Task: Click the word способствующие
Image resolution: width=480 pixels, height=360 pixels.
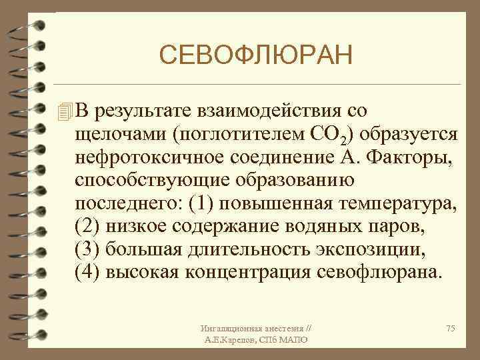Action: coord(145,181)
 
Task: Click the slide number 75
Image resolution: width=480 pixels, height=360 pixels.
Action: coord(450,329)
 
